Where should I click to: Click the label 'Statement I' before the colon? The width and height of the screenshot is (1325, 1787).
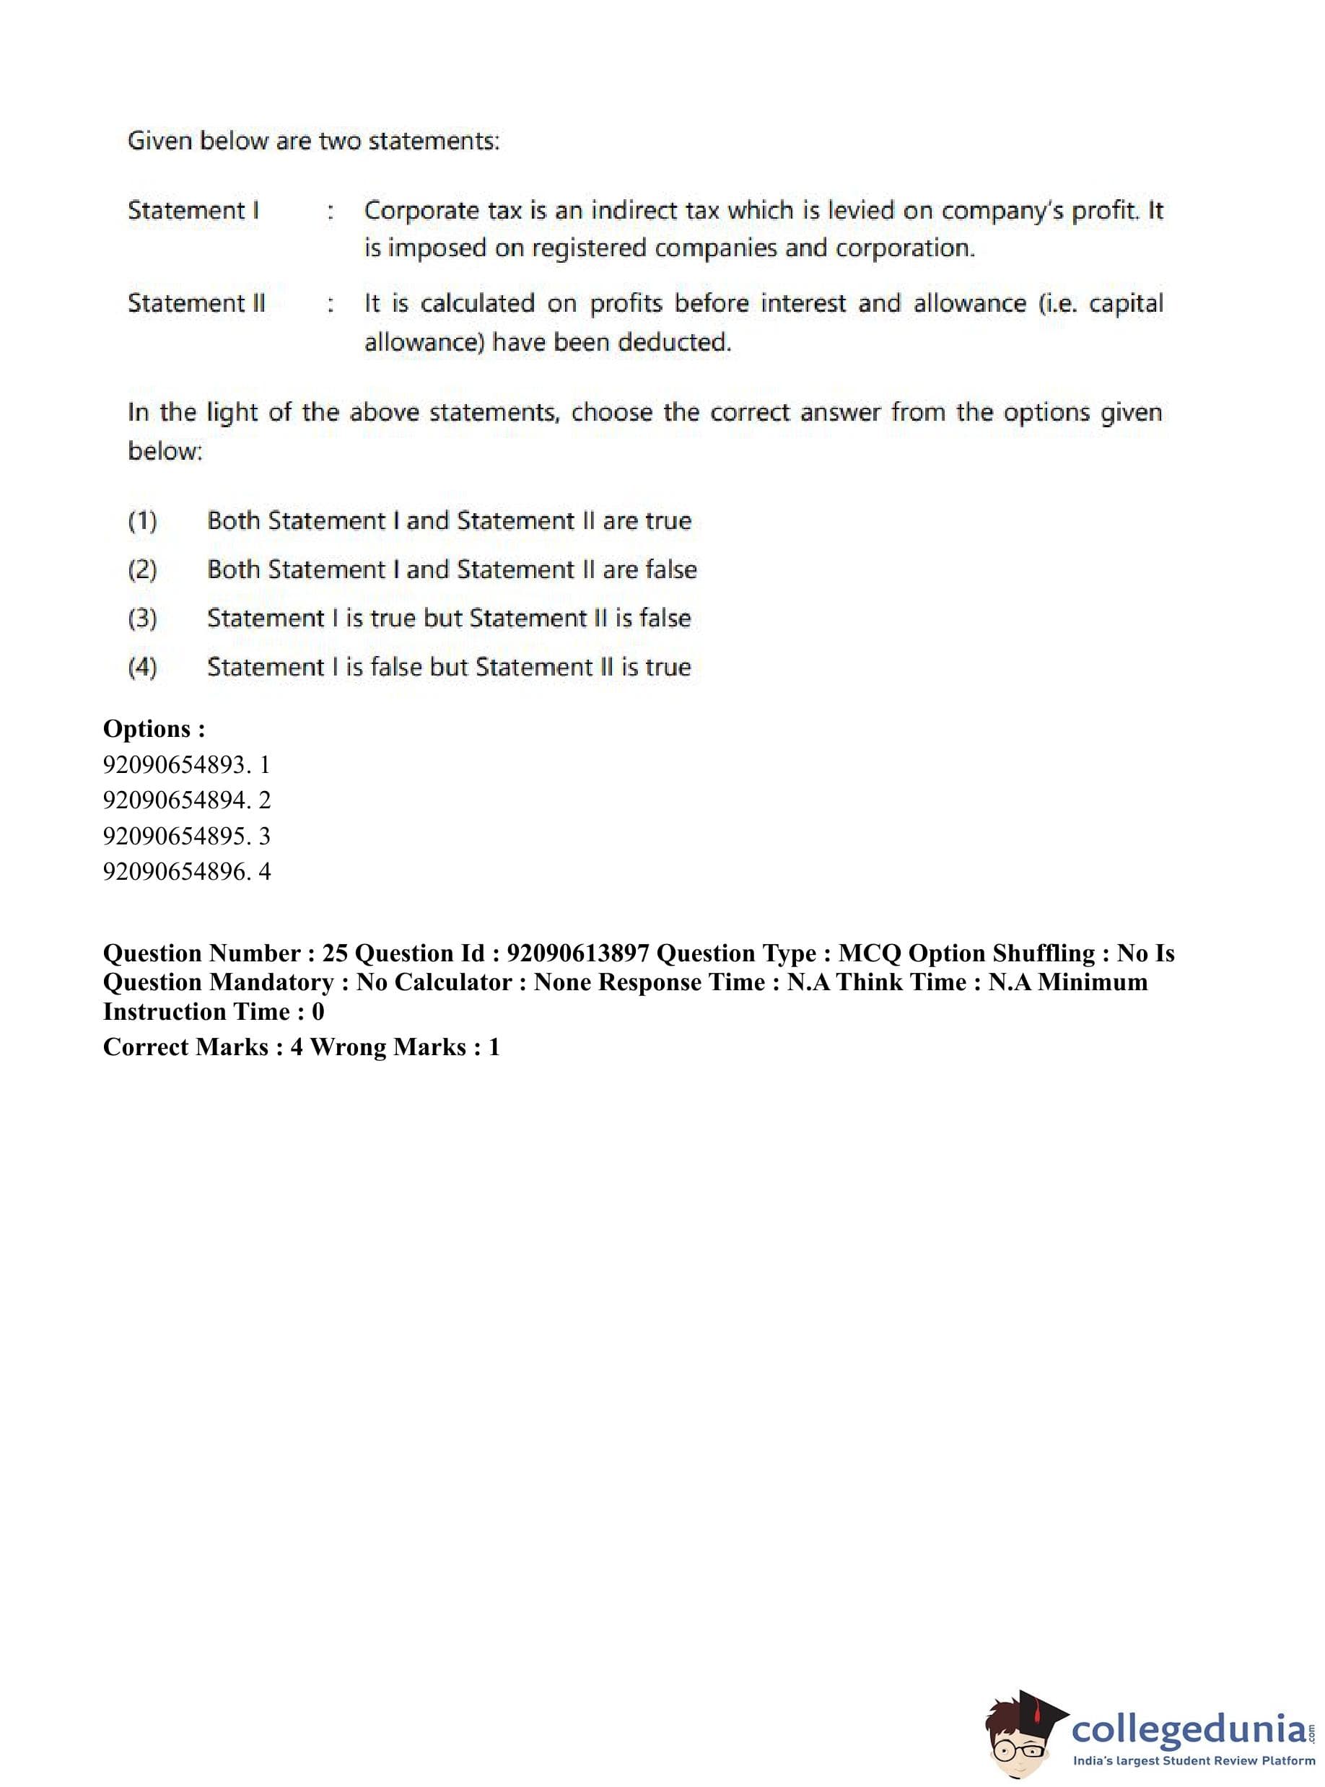[x=193, y=210]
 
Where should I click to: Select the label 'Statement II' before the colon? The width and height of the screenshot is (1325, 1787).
[x=196, y=303]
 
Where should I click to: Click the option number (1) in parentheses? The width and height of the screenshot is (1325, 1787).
[x=143, y=521]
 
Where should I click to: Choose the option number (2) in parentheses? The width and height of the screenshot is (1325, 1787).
[x=143, y=570]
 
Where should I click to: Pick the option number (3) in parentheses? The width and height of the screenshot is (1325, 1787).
[x=143, y=619]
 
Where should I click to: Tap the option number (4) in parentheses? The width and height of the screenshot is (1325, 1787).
[x=143, y=668]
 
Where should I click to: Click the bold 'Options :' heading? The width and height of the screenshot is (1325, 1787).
[x=154, y=728]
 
